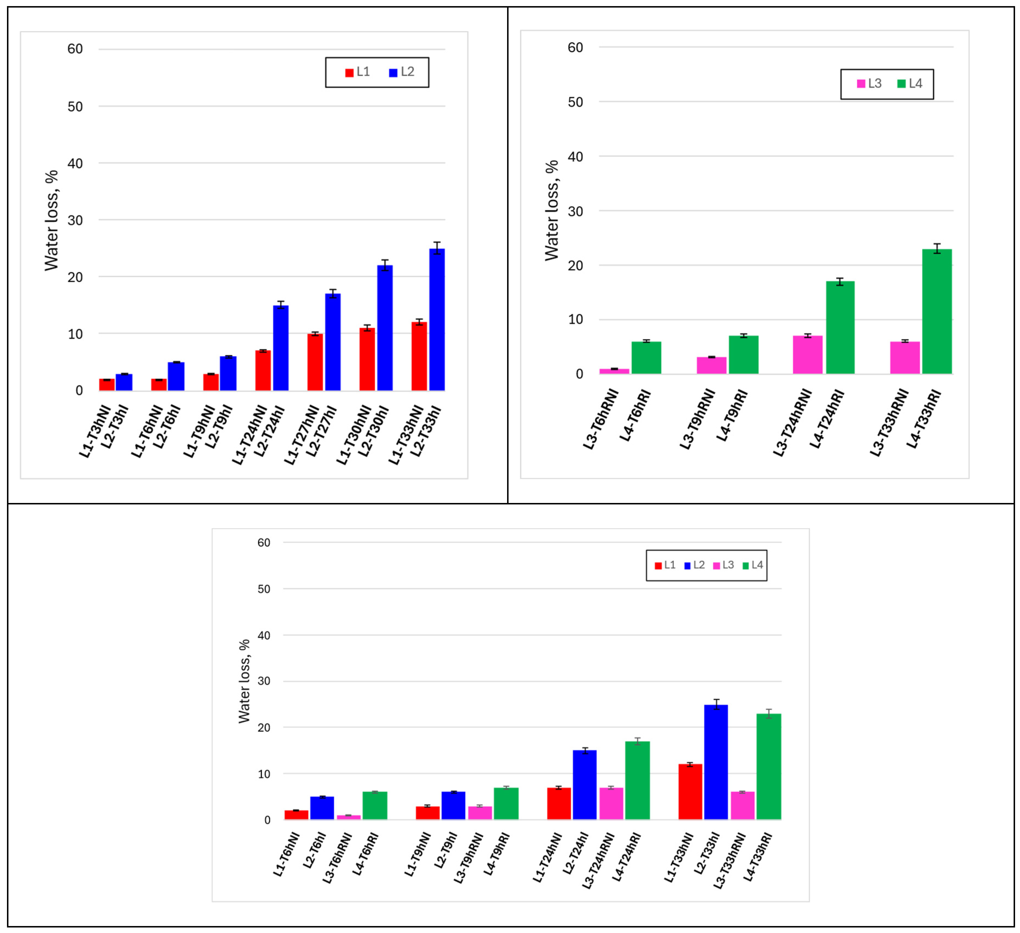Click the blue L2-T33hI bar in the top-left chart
[x=437, y=320]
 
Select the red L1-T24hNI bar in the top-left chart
[x=263, y=370]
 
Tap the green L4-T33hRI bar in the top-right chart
[x=937, y=312]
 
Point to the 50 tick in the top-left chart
[x=75, y=107]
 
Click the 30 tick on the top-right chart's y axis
[x=575, y=211]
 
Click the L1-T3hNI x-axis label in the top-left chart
[x=95, y=431]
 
